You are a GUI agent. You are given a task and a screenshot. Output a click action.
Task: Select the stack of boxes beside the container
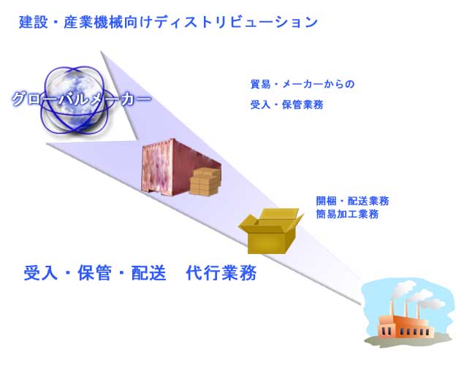(205, 181)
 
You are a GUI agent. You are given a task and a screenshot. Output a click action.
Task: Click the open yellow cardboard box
(271, 231)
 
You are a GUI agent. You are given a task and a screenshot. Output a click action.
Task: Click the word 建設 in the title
(34, 22)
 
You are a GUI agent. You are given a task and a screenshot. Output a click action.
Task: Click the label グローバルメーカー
(81, 99)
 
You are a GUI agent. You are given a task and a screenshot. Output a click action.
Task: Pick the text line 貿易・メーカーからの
(303, 84)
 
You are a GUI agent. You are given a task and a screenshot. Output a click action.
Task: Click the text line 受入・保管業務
(286, 104)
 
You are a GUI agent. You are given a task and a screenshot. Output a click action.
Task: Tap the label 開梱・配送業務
(352, 201)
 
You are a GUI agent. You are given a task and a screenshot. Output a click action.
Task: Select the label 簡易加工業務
(347, 214)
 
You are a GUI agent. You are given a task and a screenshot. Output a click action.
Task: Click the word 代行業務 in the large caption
(221, 273)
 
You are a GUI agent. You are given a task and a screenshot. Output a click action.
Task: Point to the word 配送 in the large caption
(148, 273)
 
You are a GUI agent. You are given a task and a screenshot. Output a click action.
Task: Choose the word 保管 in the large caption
(94, 273)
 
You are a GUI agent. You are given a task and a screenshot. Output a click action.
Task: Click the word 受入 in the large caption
(41, 273)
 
